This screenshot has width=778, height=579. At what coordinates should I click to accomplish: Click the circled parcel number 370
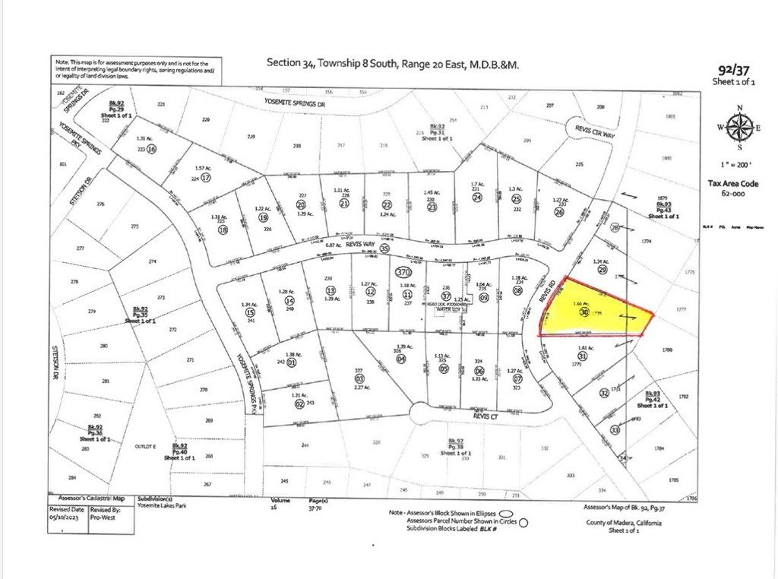[404, 271]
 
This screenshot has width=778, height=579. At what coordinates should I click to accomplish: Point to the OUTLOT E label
[122, 445]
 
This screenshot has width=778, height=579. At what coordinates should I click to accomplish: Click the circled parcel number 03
[359, 378]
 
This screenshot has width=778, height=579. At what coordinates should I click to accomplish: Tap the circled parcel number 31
[583, 356]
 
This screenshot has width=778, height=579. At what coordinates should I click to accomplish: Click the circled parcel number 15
[250, 313]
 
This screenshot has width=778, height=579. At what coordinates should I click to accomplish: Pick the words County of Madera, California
[624, 524]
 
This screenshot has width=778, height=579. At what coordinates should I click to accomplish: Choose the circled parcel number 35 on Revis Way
[384, 248]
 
